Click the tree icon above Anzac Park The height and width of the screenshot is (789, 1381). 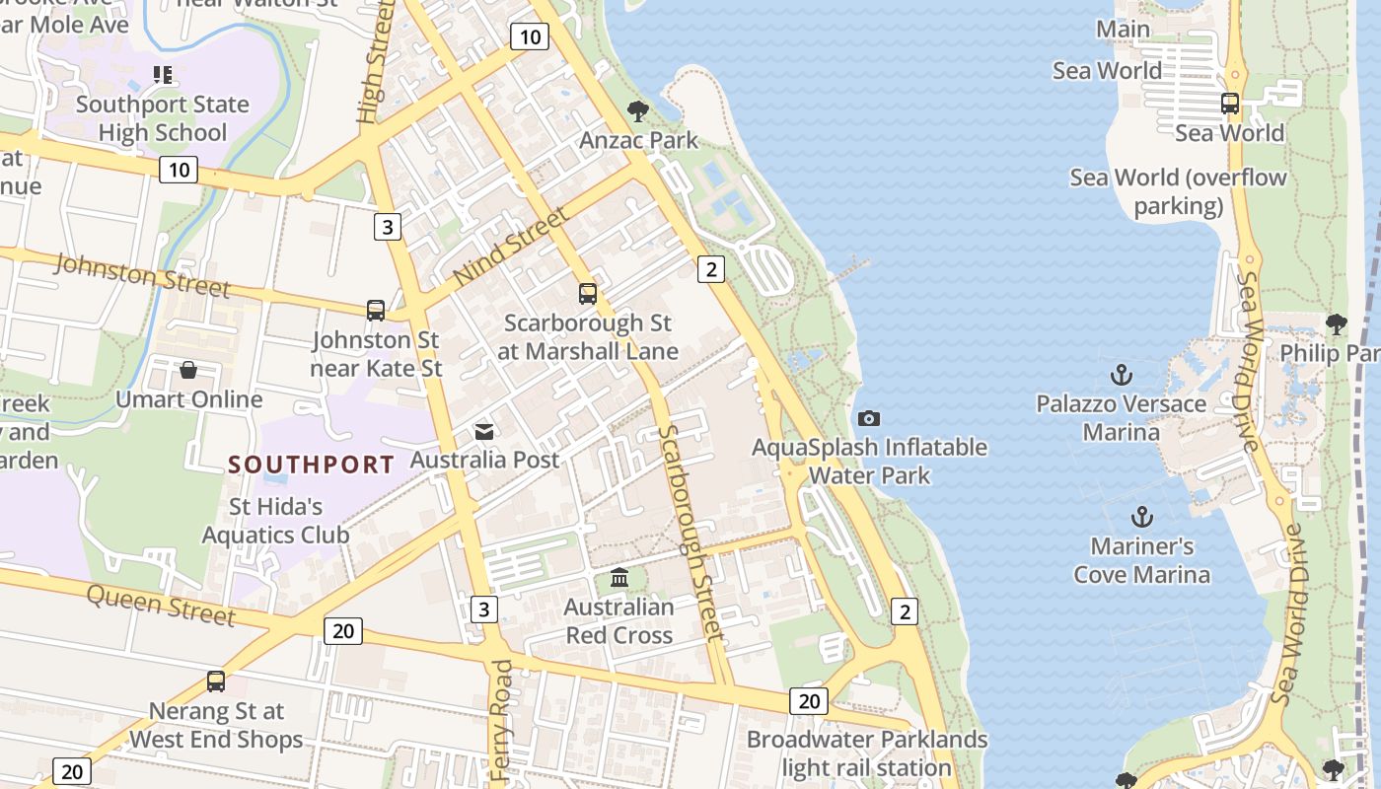click(x=638, y=110)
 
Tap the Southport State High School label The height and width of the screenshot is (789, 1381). click(x=163, y=118)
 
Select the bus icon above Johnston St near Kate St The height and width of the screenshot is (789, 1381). click(x=376, y=311)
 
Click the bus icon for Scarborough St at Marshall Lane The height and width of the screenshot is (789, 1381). click(x=588, y=293)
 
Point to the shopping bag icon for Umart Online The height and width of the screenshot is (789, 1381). click(x=188, y=370)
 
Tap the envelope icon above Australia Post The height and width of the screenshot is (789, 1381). click(x=484, y=431)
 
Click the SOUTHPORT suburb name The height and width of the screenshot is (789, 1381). click(x=312, y=464)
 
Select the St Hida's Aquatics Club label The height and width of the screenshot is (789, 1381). click(x=276, y=521)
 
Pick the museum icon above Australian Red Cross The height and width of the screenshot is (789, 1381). click(x=619, y=577)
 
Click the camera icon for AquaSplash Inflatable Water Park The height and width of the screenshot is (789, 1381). click(x=869, y=418)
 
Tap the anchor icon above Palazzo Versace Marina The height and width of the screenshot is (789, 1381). click(x=1121, y=375)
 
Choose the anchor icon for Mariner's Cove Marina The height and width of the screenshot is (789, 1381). click(x=1141, y=517)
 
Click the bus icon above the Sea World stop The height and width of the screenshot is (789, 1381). click(x=1230, y=103)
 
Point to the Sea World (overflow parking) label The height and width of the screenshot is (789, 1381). click(x=1179, y=191)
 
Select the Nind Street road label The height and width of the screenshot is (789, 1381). click(x=511, y=246)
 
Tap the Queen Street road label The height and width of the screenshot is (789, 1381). click(x=161, y=604)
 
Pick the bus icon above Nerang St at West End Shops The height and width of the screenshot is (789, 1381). click(x=216, y=681)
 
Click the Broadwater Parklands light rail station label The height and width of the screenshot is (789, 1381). click(x=867, y=753)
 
